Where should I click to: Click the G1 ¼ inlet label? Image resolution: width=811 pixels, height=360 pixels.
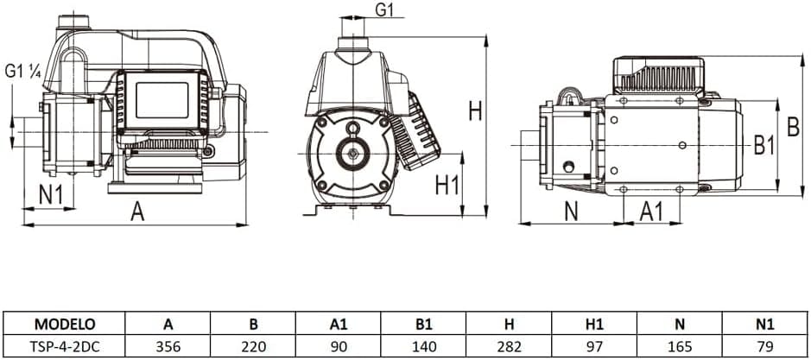coord(22,72)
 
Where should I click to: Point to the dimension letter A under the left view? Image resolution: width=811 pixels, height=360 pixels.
coord(137,212)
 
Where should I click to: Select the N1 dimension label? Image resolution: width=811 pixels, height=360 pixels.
coord(51,194)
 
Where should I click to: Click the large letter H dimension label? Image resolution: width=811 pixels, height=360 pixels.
coord(475,111)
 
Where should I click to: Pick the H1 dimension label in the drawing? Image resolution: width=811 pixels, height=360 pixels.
coord(447,185)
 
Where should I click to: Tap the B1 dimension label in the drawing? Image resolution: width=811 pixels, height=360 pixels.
coord(764,146)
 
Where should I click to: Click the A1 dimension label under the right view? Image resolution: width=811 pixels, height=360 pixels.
coord(651,212)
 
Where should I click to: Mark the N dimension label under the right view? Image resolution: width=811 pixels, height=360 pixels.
coord(571,212)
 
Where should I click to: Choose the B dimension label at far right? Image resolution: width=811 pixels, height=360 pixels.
coord(793,127)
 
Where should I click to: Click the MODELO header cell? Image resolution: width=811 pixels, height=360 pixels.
coord(65,325)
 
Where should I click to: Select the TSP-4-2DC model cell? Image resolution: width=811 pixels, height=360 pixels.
coord(65,345)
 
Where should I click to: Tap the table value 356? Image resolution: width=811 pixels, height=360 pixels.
coord(168,345)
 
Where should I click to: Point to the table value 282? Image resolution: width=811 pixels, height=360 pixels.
coord(509,345)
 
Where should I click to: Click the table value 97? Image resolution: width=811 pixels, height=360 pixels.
coord(594,345)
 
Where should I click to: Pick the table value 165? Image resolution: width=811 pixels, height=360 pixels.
coord(680,345)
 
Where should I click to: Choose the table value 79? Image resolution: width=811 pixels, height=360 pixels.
coord(765,345)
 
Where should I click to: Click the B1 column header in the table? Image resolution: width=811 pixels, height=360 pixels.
coord(423,325)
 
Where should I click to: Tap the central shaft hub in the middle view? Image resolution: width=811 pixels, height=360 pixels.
coord(352,154)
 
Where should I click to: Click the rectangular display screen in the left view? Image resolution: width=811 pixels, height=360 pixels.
coord(162,100)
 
